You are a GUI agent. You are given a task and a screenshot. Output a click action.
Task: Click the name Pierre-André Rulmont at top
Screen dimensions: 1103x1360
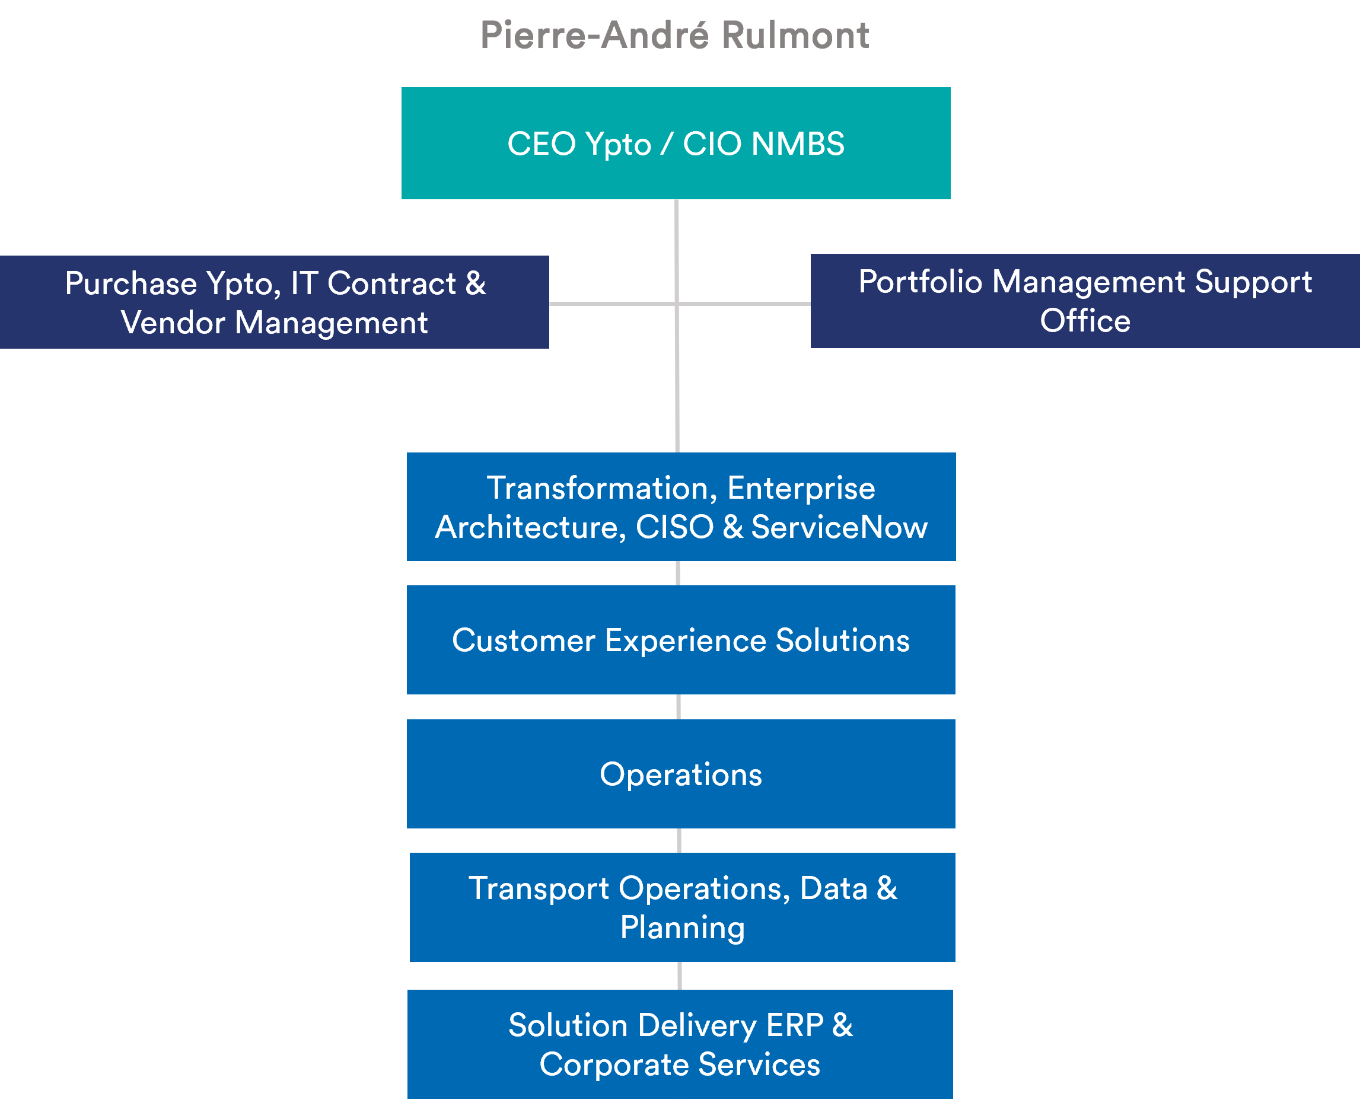tap(674, 35)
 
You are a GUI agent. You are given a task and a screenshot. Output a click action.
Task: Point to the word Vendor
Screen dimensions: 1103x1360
tap(173, 323)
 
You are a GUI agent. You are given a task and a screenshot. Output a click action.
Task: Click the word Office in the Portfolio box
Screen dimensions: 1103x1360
tap(1085, 321)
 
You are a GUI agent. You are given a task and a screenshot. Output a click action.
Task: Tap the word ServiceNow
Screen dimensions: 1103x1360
tap(839, 527)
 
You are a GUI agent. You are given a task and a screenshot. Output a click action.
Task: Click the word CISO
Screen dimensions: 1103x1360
tap(674, 527)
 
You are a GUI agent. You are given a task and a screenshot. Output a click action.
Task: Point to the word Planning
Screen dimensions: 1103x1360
tap(682, 927)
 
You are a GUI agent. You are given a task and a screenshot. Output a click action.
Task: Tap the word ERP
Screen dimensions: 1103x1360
tap(794, 1025)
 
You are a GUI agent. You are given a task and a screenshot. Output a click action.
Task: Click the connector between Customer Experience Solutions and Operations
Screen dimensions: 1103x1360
tap(679, 706)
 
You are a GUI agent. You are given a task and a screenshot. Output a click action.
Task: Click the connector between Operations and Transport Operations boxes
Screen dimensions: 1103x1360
tap(679, 841)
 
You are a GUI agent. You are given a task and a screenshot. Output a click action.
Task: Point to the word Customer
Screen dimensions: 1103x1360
tap(524, 640)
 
